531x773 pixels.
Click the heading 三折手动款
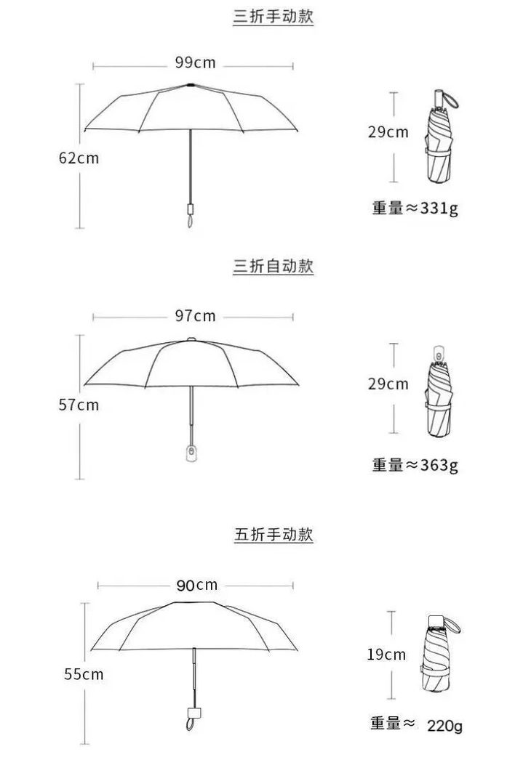(x=273, y=17)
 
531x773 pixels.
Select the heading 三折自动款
(x=273, y=267)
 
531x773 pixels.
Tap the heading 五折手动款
(x=274, y=535)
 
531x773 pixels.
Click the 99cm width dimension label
(x=195, y=63)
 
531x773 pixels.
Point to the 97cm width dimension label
(x=195, y=315)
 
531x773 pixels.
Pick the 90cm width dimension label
(x=196, y=585)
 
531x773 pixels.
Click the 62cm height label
(x=79, y=158)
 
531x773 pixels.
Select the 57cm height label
(x=79, y=405)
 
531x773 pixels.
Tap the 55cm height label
(x=84, y=674)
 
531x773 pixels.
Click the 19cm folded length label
(x=386, y=655)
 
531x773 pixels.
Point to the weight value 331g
(x=439, y=209)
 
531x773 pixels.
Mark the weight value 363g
(x=439, y=465)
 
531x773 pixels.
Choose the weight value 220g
(x=444, y=725)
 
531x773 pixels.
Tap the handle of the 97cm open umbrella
(x=191, y=452)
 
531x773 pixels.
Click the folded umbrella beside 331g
(x=439, y=142)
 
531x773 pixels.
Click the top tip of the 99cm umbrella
(x=191, y=85)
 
